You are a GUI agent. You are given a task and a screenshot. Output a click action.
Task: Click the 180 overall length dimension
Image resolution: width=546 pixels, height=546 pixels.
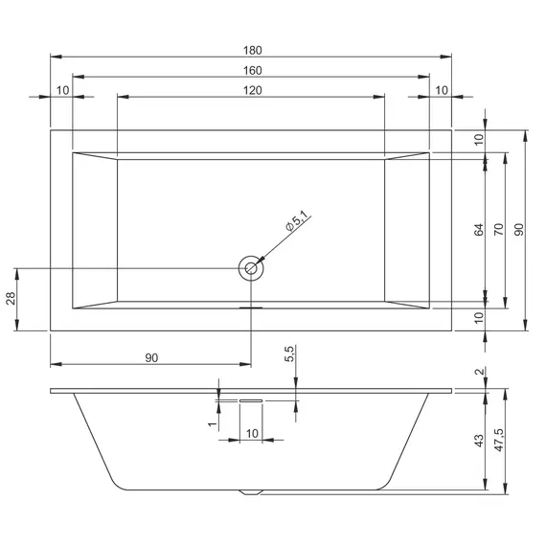pos(252,50)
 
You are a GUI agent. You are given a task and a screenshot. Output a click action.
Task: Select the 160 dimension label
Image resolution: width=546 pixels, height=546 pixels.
pos(252,70)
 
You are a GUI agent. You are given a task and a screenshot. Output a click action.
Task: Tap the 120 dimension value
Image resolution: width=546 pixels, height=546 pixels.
pos(252,90)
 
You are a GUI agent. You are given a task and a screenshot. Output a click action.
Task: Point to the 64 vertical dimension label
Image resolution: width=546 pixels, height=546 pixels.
pos(478,230)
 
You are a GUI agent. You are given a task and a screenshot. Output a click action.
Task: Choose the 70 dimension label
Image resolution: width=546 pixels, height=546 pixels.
pos(498,230)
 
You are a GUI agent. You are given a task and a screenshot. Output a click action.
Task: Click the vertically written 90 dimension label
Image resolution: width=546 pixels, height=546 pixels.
pos(519,230)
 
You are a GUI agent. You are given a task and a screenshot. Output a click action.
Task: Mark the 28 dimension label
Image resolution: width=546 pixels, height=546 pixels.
pos(11,299)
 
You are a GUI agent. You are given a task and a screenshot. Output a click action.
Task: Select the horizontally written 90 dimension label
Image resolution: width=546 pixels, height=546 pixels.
pos(151,357)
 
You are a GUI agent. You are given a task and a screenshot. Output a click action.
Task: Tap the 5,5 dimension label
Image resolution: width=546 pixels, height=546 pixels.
pos(289,356)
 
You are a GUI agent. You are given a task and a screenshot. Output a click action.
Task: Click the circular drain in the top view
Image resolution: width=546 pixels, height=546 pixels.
pos(251,269)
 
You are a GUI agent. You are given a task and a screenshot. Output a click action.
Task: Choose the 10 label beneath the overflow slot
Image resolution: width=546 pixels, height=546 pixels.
pos(252,434)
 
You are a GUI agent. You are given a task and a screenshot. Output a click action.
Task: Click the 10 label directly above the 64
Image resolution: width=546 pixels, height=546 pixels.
pos(478,139)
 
